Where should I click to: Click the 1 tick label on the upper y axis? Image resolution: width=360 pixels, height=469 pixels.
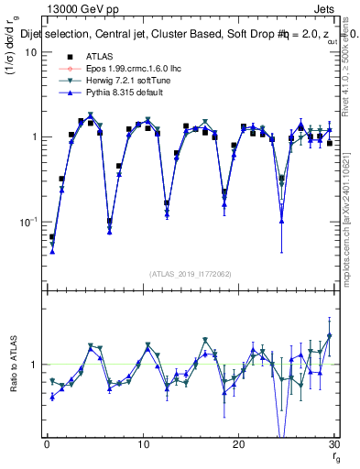click(x=35, y=136)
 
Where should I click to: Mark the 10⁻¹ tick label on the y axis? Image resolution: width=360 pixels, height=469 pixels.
click(x=30, y=222)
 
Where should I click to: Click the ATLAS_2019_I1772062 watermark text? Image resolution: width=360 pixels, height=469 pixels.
click(x=191, y=273)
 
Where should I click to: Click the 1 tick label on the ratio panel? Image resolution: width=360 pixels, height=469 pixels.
click(x=35, y=365)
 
